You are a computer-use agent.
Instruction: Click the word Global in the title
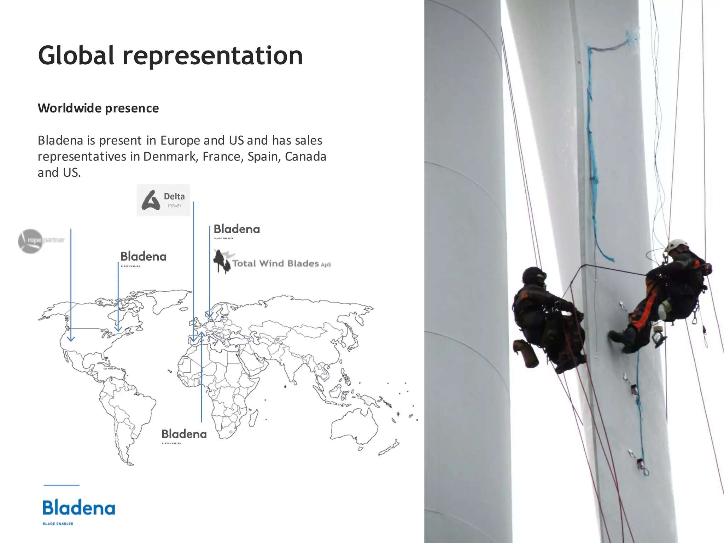(76, 56)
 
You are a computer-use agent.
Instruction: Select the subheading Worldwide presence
(98, 108)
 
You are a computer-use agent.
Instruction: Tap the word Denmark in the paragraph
(170, 156)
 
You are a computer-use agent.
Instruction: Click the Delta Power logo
(163, 200)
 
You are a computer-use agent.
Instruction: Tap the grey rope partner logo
(41, 240)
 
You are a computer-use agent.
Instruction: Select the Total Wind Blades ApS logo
(272, 263)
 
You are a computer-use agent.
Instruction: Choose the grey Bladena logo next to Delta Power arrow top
(237, 230)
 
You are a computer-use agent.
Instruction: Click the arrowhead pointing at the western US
(71, 339)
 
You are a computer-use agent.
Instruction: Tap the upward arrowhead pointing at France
(202, 334)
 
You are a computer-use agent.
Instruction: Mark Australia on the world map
(354, 426)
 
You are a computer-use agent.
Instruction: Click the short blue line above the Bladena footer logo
(62, 485)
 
